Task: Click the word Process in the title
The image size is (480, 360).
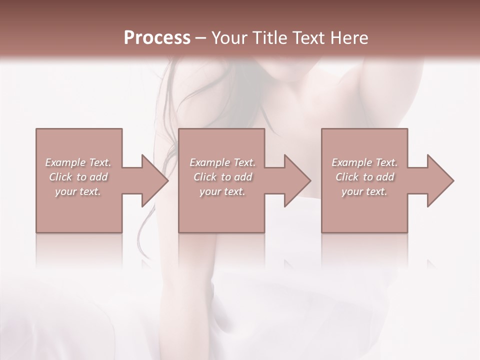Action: pyautogui.click(x=157, y=38)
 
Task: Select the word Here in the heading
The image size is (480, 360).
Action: pyautogui.click(x=349, y=38)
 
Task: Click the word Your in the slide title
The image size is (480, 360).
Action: pyautogui.click(x=229, y=38)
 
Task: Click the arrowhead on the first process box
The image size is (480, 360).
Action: pyautogui.click(x=153, y=180)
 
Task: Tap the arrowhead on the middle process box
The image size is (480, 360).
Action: pyautogui.click(x=295, y=180)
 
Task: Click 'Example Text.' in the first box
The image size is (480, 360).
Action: pyautogui.click(x=78, y=162)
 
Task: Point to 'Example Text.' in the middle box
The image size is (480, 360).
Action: pyautogui.click(x=222, y=162)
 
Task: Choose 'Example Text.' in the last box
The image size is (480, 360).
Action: pyautogui.click(x=364, y=162)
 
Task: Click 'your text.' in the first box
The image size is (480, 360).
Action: pyautogui.click(x=78, y=191)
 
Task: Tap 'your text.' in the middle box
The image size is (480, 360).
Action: pyautogui.click(x=222, y=191)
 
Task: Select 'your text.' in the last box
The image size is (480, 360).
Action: pyautogui.click(x=364, y=191)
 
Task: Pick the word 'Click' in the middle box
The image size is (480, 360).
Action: pyautogui.click(x=204, y=177)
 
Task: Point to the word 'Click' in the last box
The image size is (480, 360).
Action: pyautogui.click(x=346, y=177)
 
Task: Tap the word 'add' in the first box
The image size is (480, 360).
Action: pyautogui.click(x=99, y=177)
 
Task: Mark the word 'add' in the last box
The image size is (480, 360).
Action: pyautogui.click(x=385, y=177)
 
